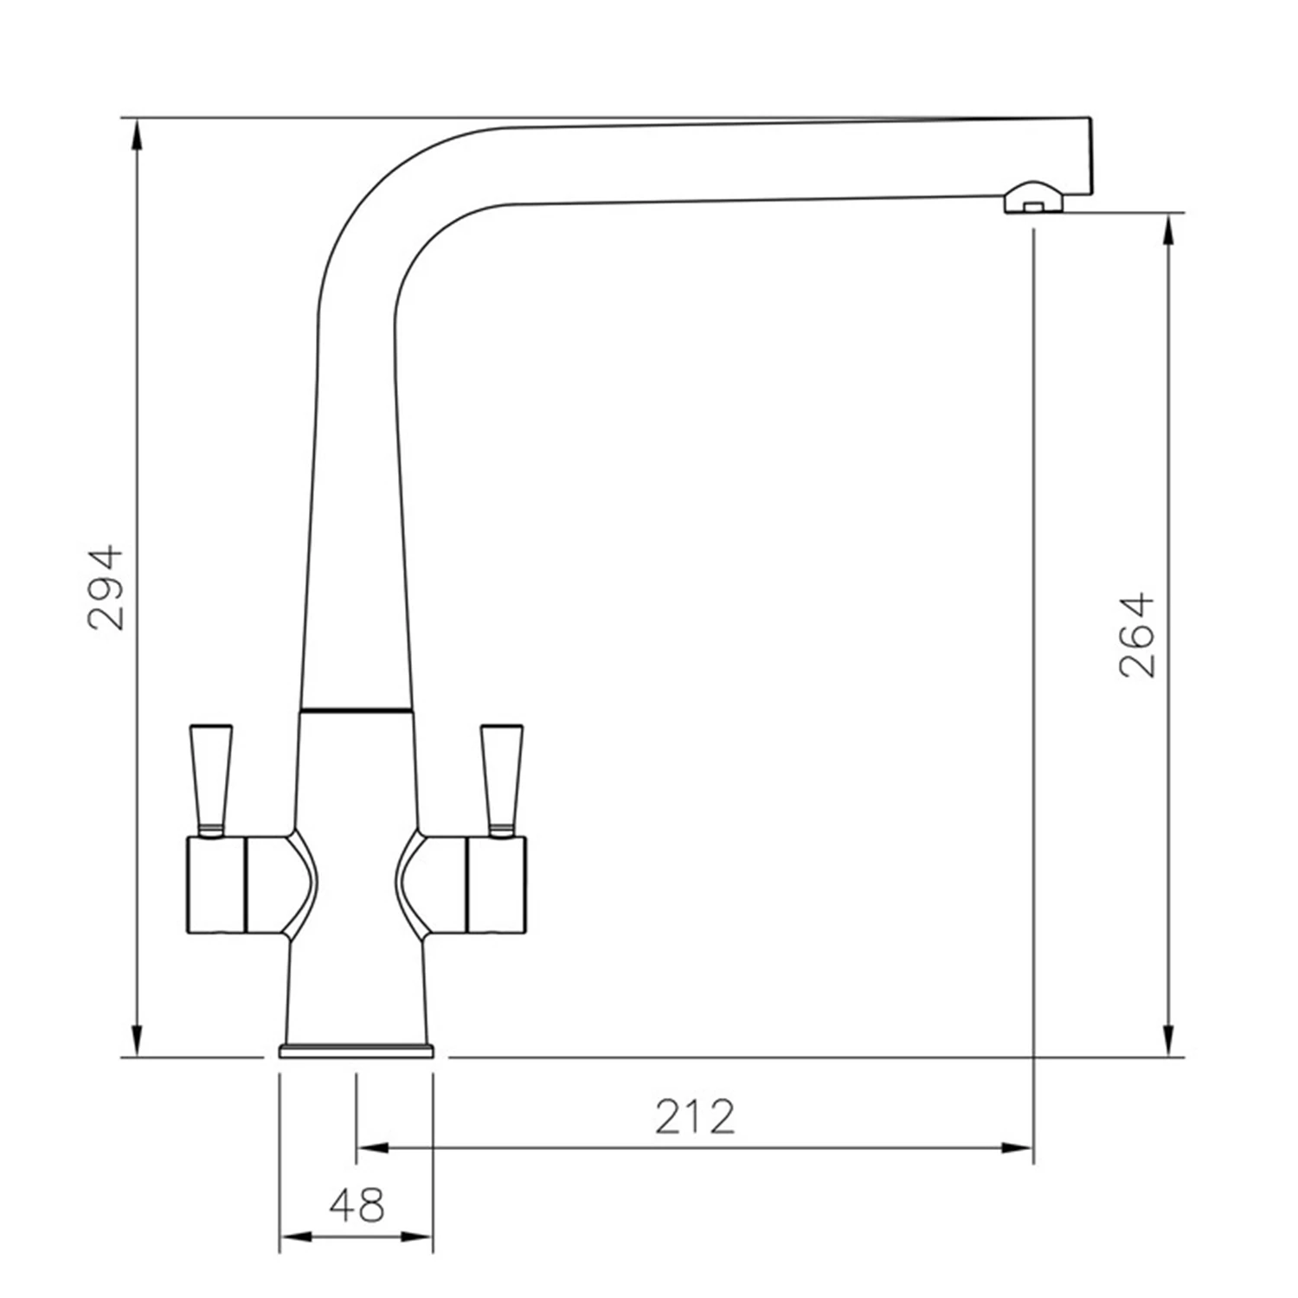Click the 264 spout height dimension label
click(1138, 634)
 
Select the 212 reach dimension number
click(694, 1116)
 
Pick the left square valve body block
click(216, 885)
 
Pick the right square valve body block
click(496, 885)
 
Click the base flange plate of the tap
click(356, 1051)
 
